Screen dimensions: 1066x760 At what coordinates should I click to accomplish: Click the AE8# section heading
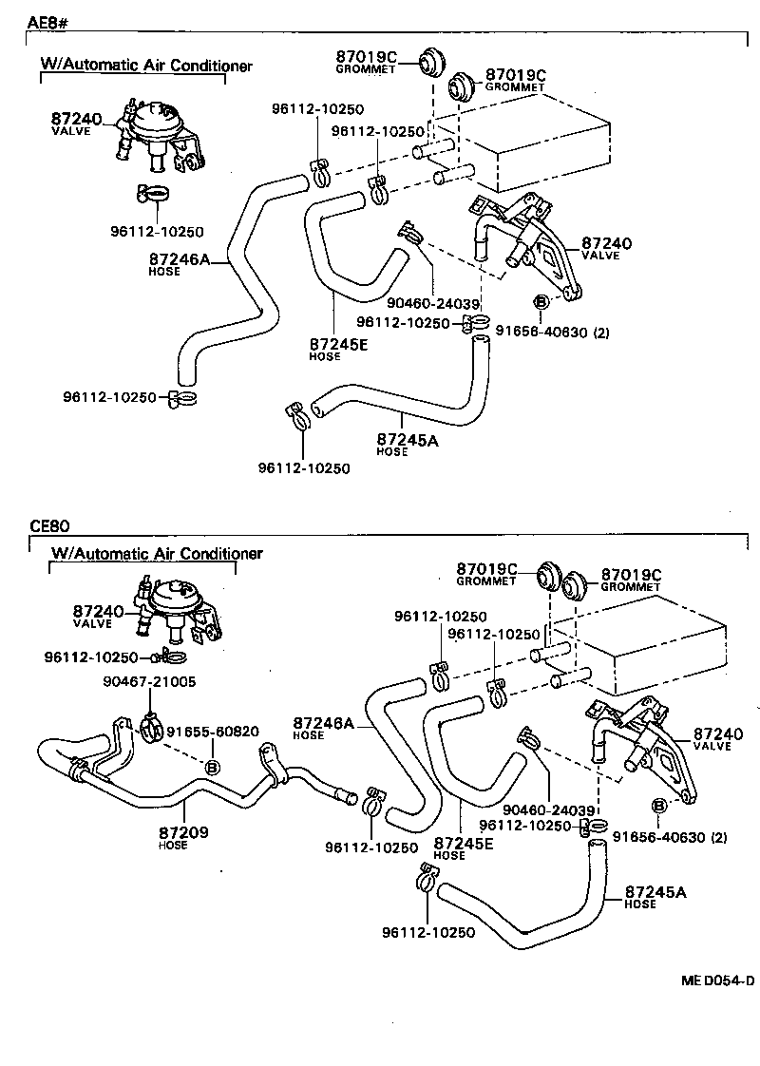pyautogui.click(x=47, y=21)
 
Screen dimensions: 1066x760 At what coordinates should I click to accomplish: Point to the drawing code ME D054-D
pyautogui.click(x=716, y=980)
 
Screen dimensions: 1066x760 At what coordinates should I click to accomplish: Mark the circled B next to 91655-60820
pyautogui.click(x=213, y=767)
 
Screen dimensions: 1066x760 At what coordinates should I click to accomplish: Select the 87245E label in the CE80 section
pyautogui.click(x=462, y=843)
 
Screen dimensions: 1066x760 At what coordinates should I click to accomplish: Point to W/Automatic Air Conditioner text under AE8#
pyautogui.click(x=145, y=66)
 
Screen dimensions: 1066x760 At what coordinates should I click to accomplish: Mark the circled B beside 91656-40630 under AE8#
pyautogui.click(x=540, y=302)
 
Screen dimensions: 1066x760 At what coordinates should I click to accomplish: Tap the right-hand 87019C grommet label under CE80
pyautogui.click(x=630, y=575)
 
